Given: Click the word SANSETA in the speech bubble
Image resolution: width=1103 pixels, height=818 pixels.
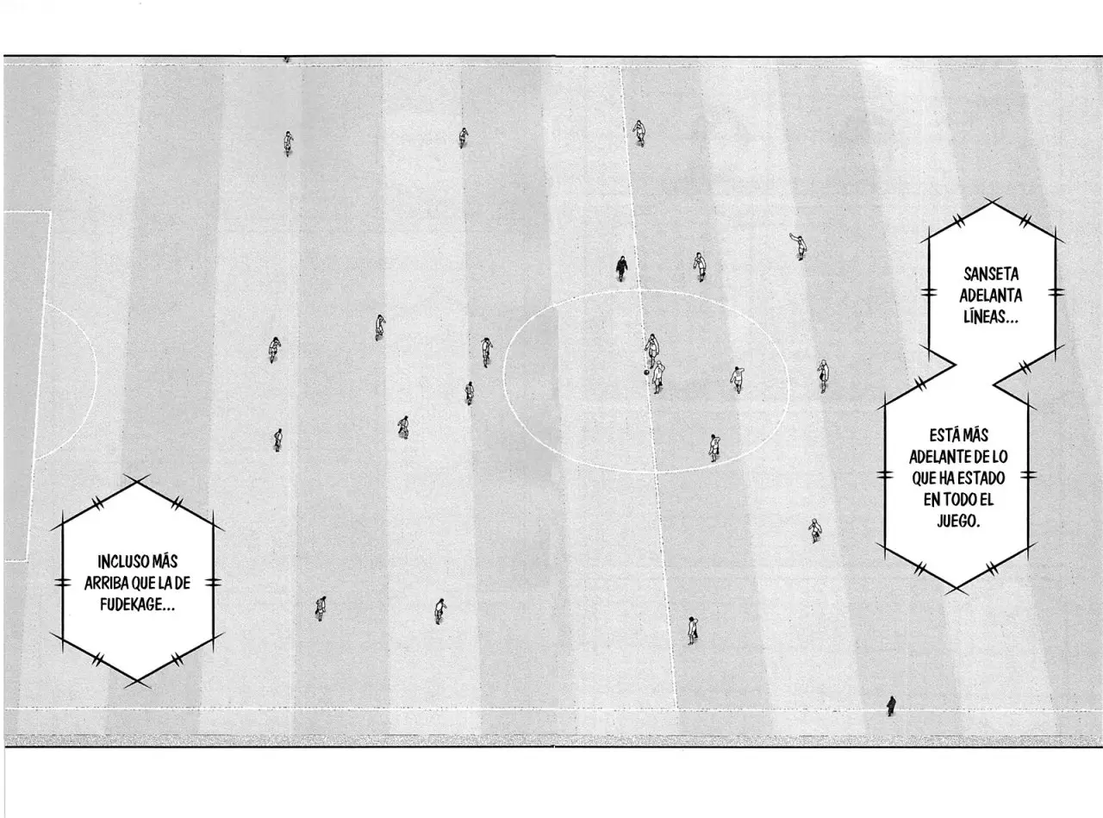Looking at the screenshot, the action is tap(991, 274).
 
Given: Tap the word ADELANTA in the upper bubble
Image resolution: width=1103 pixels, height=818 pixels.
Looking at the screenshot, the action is tap(991, 296).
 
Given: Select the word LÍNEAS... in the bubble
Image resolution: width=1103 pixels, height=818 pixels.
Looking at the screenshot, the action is tap(991, 317).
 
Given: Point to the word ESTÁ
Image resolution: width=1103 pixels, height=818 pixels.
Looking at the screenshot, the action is tap(944, 435).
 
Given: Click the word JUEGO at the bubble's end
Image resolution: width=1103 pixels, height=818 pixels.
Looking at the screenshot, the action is tap(956, 521).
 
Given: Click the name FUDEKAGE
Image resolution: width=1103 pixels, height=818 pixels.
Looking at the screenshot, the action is tap(134, 604).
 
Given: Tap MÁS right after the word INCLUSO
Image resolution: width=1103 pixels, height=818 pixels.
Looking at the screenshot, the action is tap(165, 562).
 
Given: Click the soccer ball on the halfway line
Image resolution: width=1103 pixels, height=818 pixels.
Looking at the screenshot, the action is tap(646, 372).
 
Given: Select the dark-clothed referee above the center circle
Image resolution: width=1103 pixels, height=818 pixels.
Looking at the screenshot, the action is tap(621, 269).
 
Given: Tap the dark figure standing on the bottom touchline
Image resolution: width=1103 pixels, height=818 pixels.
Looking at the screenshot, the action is tap(891, 706).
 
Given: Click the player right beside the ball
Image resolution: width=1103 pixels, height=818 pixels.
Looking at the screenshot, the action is tap(657, 377).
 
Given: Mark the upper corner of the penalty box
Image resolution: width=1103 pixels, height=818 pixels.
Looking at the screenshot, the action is tap(50, 212).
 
